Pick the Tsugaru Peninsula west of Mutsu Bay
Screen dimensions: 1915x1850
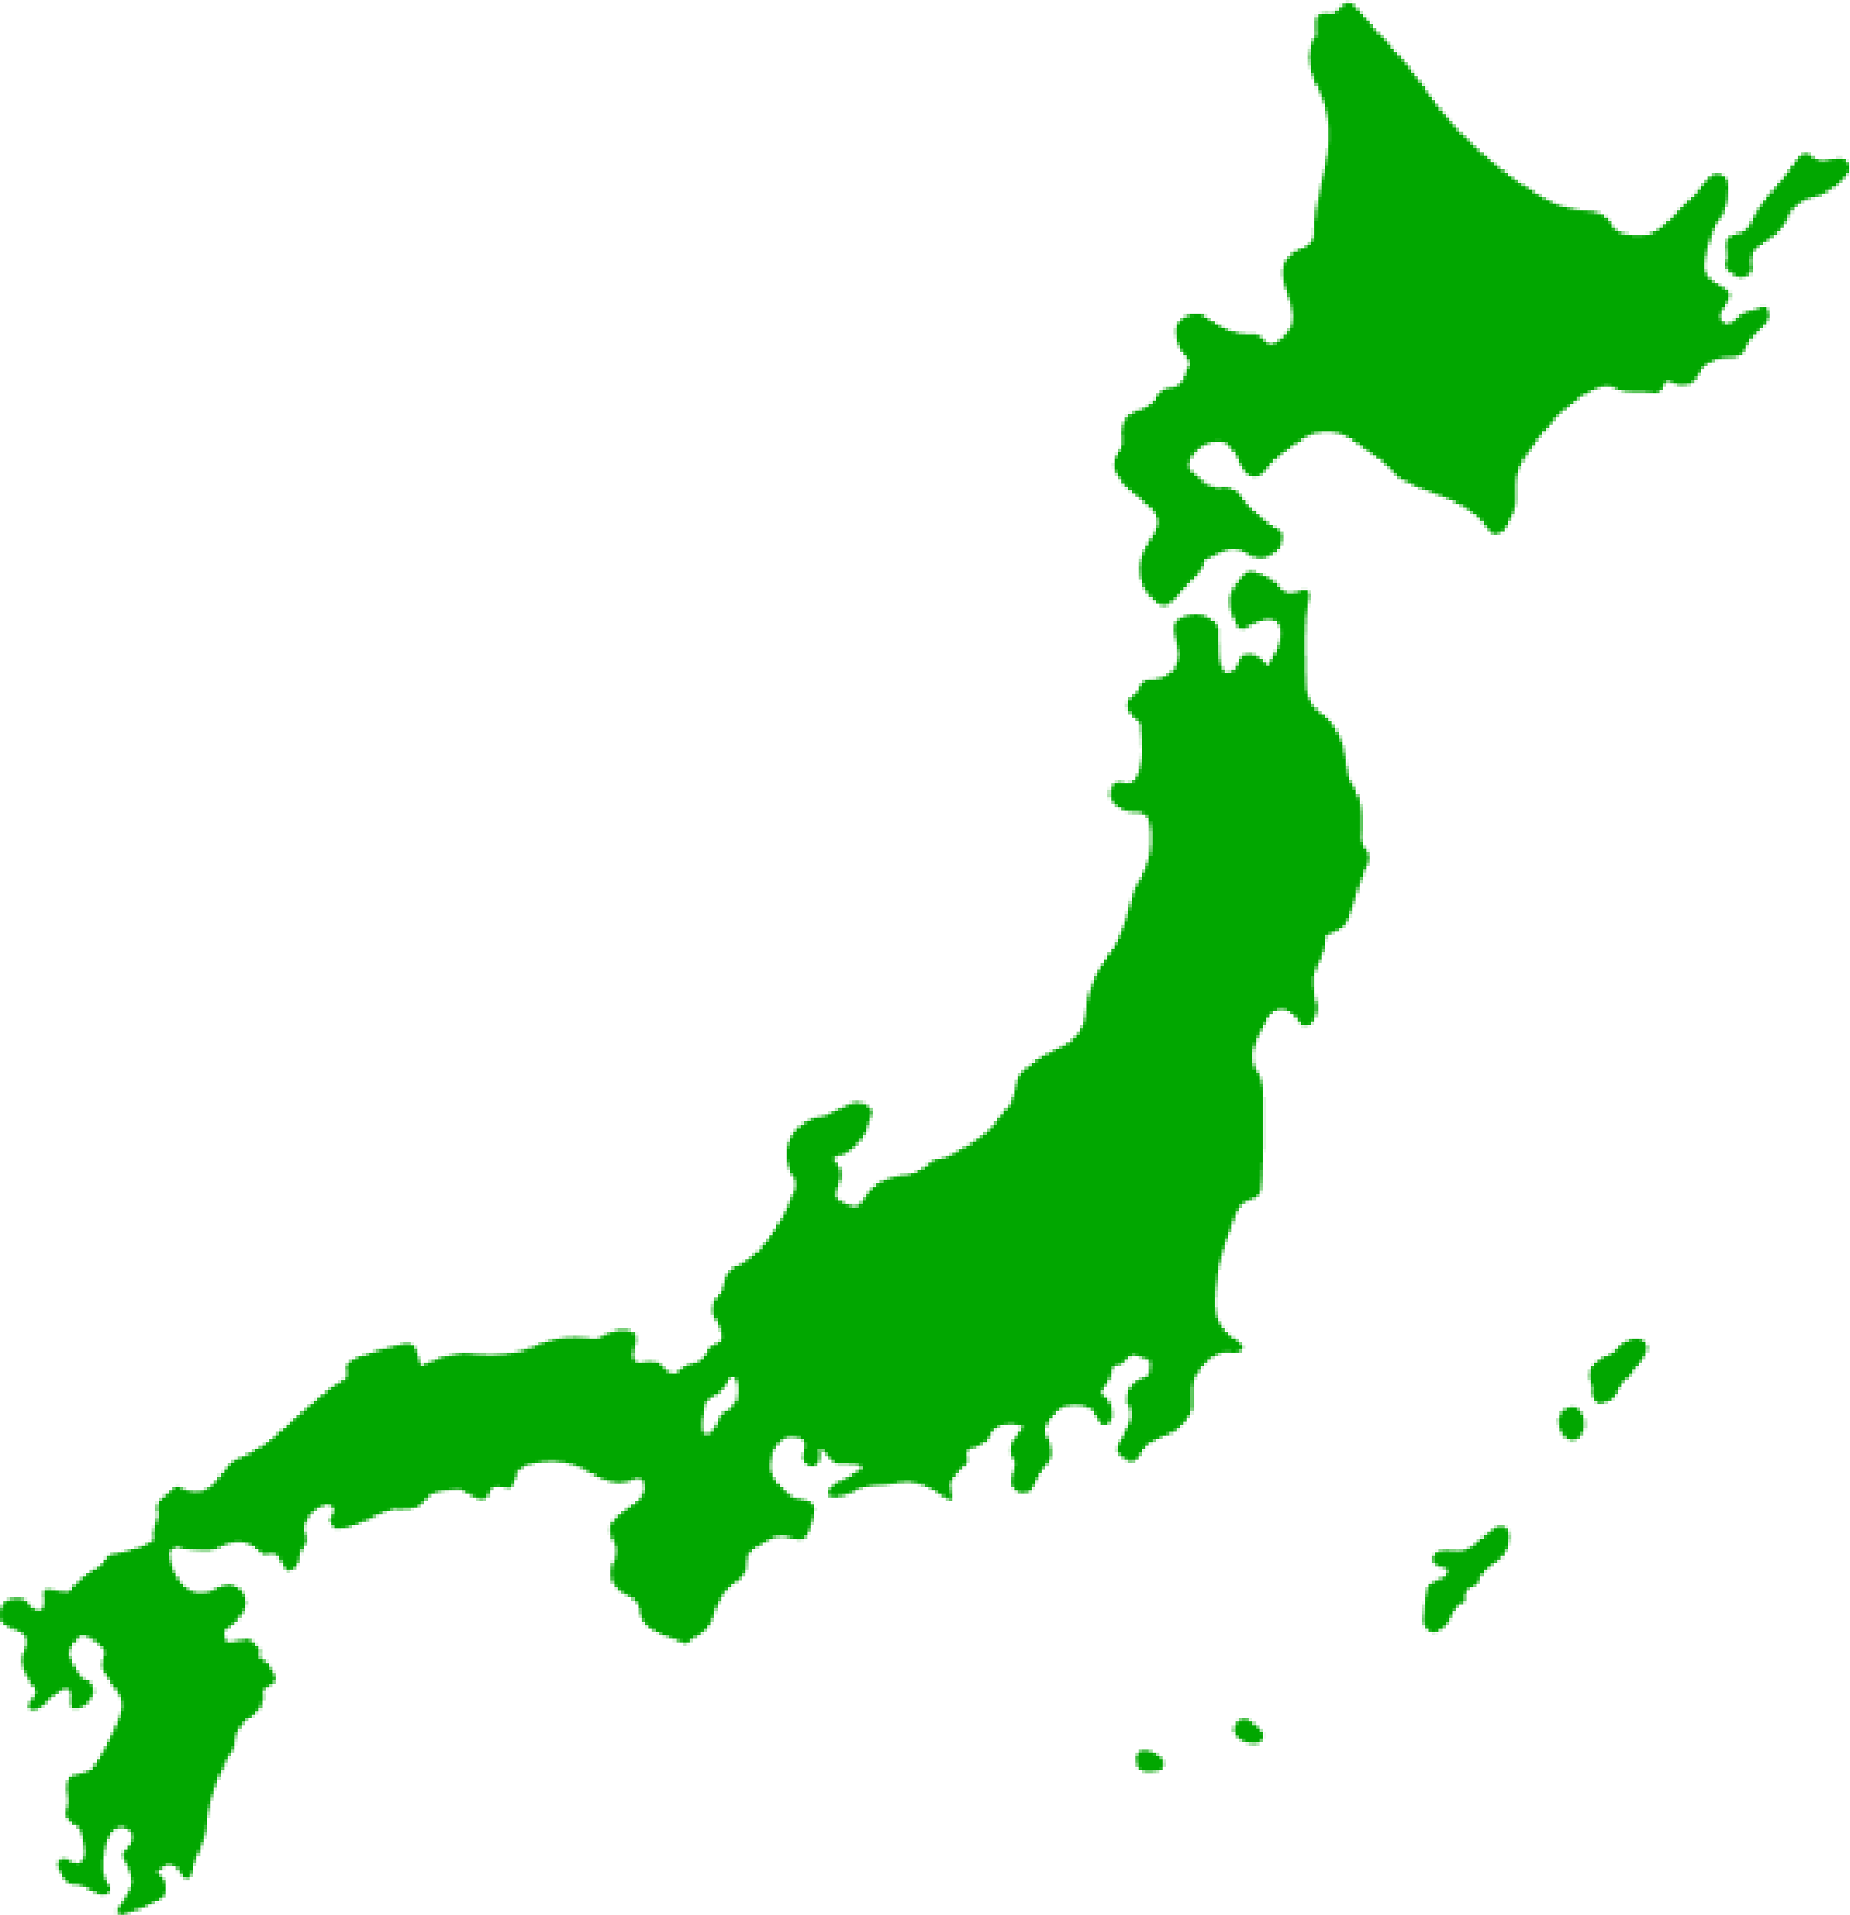click(1197, 635)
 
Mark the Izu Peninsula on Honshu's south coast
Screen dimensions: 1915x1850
click(1026, 1465)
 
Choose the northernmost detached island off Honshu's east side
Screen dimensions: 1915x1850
click(1617, 1368)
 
